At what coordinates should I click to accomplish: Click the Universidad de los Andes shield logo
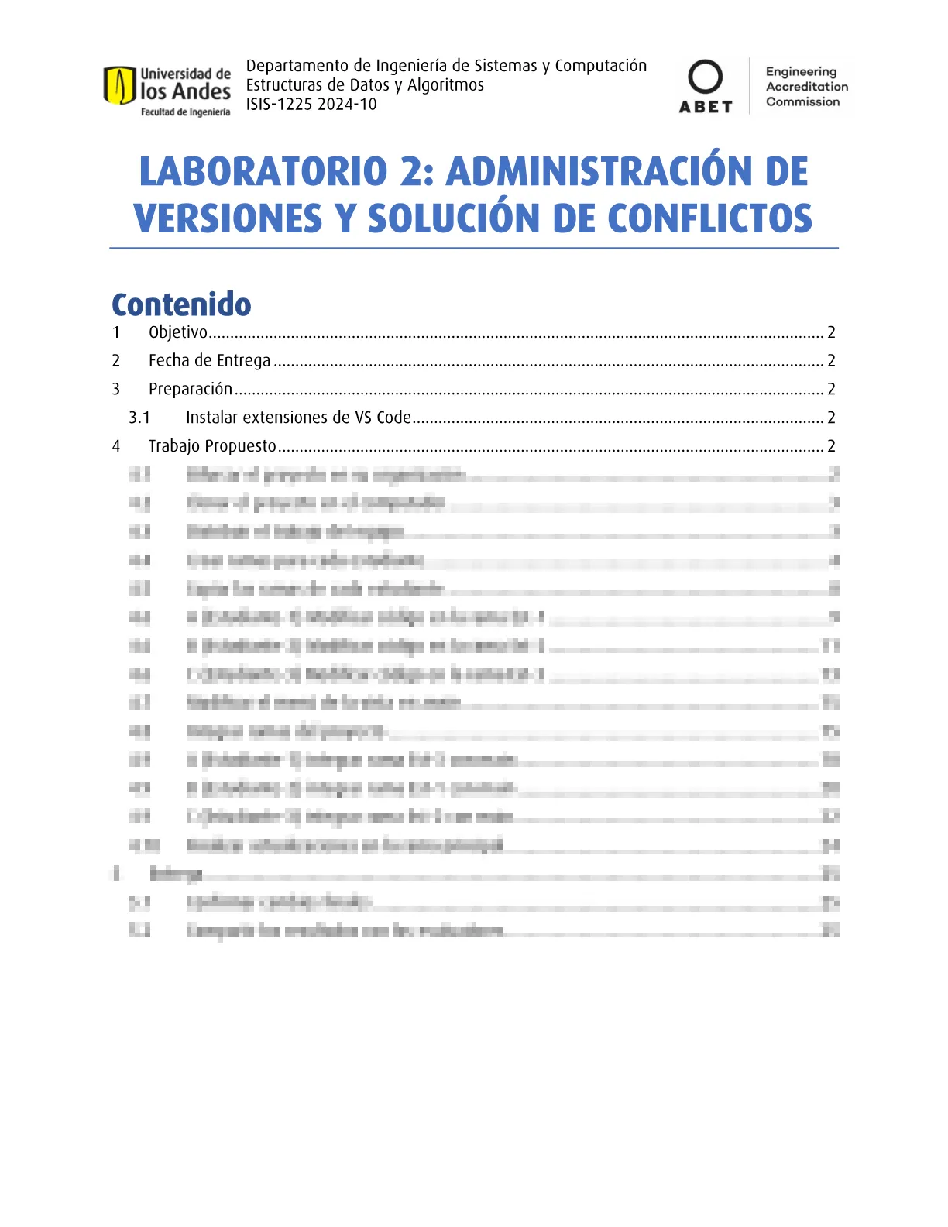(x=119, y=85)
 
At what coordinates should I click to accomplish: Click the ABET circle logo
(x=705, y=77)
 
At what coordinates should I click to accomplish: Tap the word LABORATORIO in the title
(x=263, y=171)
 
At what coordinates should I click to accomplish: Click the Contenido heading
(x=181, y=304)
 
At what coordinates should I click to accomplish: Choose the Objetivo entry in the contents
(x=178, y=332)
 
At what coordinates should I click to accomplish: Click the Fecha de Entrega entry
(x=209, y=361)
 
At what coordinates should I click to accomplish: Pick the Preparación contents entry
(x=191, y=389)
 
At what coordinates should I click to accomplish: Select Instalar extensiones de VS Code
(x=298, y=418)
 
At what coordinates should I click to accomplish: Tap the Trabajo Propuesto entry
(x=212, y=446)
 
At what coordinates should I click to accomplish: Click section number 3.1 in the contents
(x=139, y=418)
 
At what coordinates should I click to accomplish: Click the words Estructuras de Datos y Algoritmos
(x=365, y=85)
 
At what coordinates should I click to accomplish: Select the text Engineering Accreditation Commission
(x=805, y=87)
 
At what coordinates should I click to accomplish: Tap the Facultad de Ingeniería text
(x=185, y=112)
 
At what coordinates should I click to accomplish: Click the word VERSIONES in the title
(x=228, y=218)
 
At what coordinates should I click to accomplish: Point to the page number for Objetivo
(x=831, y=332)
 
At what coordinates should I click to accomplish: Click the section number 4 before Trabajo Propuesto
(x=116, y=446)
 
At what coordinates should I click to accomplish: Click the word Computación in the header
(x=600, y=66)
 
